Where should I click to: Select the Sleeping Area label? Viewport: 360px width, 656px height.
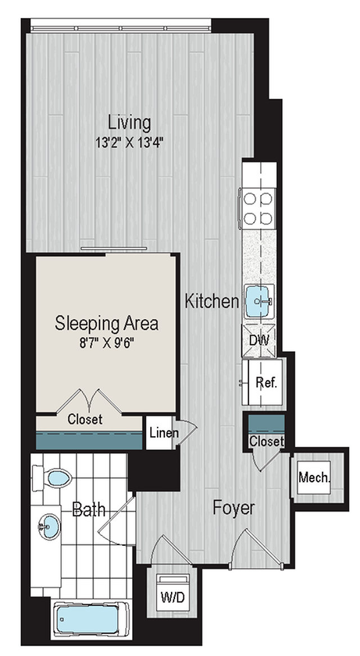[107, 324]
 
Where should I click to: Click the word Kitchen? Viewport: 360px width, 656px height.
[212, 301]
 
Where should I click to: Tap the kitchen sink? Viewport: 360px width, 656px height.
[259, 301]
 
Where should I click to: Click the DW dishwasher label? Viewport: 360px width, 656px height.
[259, 340]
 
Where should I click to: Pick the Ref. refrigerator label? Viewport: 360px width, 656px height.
[266, 383]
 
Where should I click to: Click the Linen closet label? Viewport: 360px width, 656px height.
[164, 433]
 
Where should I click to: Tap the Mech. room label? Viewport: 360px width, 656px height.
[314, 477]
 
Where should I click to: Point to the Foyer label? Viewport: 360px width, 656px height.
[233, 508]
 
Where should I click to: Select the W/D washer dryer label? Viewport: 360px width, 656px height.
[173, 597]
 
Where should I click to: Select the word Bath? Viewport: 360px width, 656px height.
[88, 509]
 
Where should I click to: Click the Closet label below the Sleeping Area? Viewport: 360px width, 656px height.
[85, 419]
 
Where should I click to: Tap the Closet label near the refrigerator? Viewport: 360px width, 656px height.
[267, 441]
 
